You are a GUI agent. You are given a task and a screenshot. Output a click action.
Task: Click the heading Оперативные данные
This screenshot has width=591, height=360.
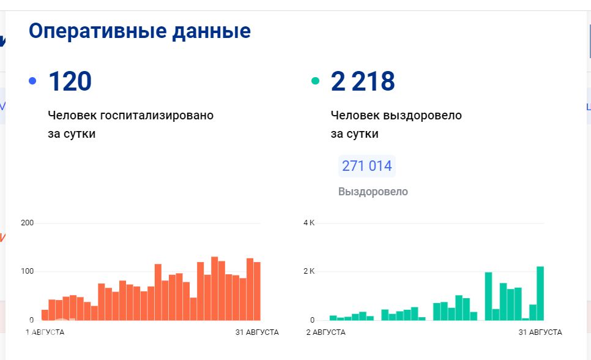tap(139, 31)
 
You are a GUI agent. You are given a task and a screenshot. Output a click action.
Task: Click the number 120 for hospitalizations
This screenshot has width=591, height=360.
tap(70, 81)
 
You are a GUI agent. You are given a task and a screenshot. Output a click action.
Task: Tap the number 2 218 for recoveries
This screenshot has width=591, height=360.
tap(363, 81)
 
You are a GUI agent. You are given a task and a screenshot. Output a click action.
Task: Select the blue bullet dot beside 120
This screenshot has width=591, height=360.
tap(32, 81)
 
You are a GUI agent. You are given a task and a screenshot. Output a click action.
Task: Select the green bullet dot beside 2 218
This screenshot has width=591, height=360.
tap(316, 81)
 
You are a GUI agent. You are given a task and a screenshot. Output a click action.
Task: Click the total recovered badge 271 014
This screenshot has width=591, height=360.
tap(367, 166)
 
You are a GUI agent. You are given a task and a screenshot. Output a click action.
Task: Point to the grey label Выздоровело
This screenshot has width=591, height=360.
tap(373, 192)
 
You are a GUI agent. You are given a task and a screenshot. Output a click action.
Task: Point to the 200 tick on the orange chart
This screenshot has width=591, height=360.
tap(27, 223)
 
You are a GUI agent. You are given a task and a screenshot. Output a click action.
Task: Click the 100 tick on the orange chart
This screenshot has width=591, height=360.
tap(27, 271)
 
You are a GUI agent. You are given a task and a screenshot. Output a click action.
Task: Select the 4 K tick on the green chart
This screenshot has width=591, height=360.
tap(309, 223)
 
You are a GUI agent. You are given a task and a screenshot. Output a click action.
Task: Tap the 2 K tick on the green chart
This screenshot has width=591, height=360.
tap(309, 271)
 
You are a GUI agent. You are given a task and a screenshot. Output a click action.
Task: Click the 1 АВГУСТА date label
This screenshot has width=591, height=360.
tap(45, 332)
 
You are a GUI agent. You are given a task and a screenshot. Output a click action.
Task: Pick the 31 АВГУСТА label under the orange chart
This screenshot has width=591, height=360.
tap(257, 332)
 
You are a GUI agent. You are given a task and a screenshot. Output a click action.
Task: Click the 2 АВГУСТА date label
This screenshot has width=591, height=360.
tap(326, 332)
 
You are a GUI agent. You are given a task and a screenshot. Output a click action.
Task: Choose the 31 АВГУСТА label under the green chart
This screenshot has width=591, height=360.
tap(540, 332)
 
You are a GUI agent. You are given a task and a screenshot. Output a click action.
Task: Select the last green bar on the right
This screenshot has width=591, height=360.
tap(540, 294)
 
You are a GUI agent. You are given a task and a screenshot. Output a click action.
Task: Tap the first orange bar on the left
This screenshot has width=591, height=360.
tap(45, 315)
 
